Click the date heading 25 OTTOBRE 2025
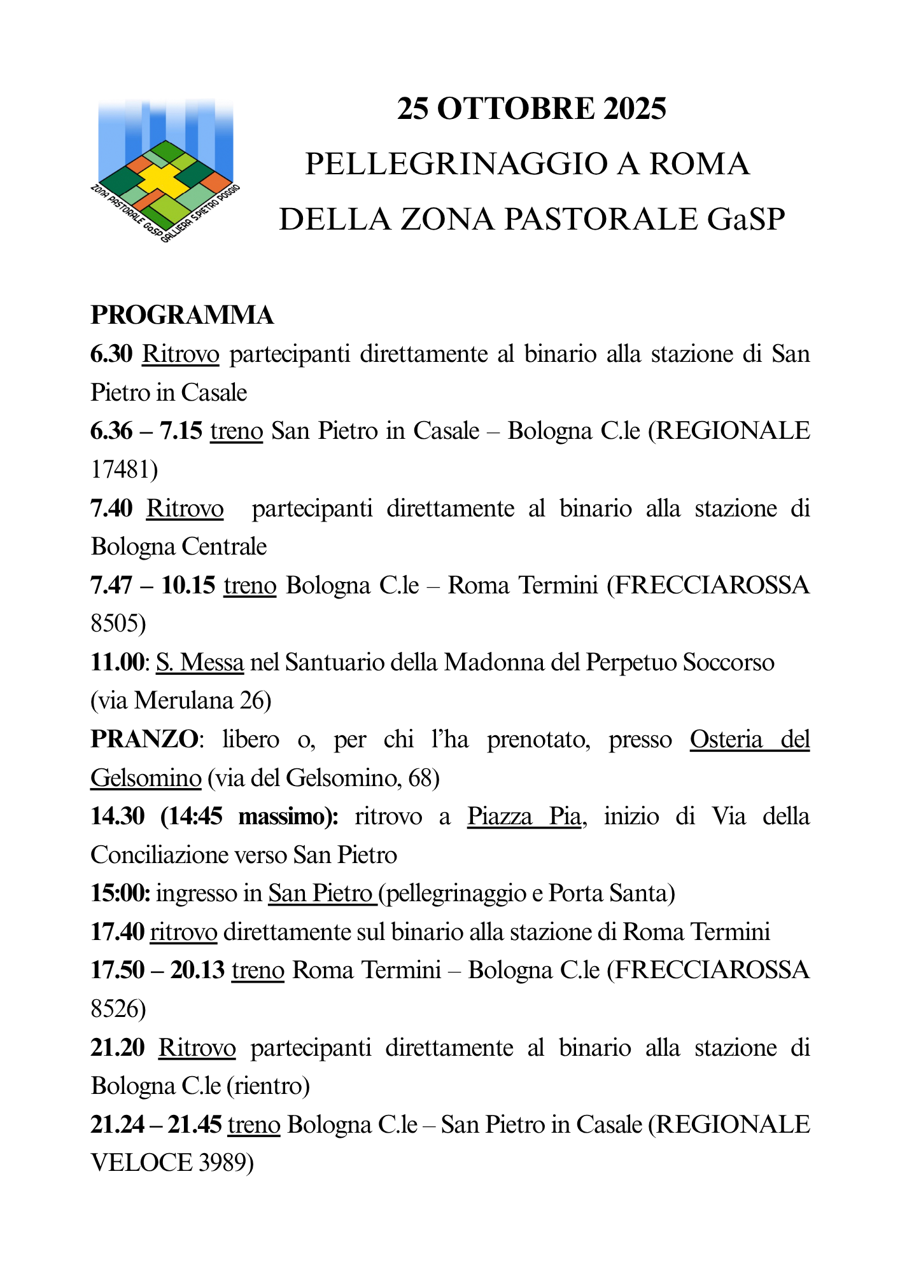(531, 108)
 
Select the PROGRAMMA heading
(182, 315)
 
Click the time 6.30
(111, 354)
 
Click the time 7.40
(112, 509)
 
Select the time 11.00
(118, 663)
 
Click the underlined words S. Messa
(200, 663)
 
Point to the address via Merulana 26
(181, 701)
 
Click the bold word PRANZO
(144, 740)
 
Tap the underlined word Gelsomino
(146, 778)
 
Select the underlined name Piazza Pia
(524, 817)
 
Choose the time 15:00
(120, 894)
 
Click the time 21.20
(118, 1047)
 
